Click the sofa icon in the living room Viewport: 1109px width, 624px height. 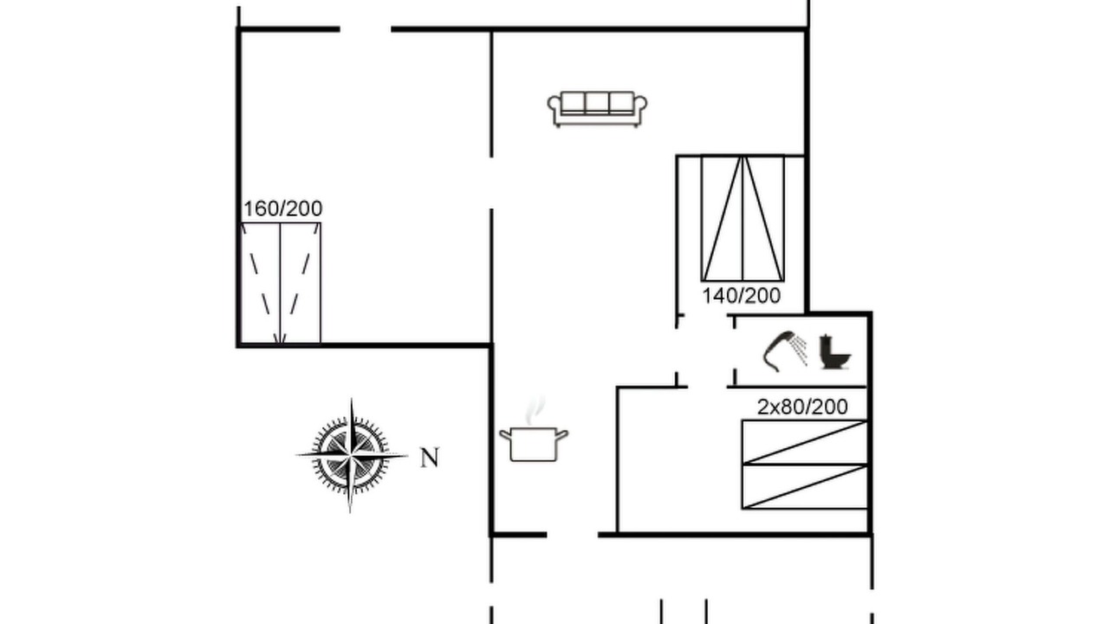[597, 109]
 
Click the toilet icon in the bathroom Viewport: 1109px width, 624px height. [834, 352]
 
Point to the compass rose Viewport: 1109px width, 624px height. [351, 455]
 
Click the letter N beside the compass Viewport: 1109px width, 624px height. [429, 458]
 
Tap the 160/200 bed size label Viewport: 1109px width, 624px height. [282, 209]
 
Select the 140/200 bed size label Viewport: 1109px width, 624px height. [741, 296]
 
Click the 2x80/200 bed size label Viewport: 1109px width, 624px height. [802, 406]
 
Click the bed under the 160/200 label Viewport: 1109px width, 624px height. [281, 283]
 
